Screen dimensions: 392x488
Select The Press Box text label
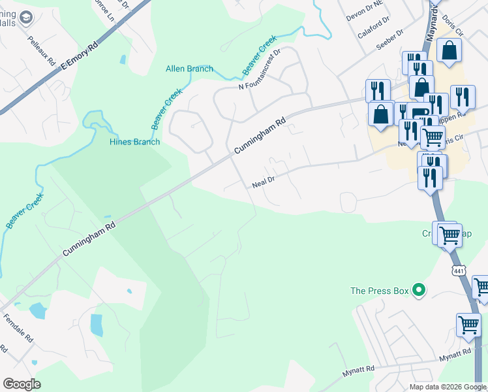click(382, 291)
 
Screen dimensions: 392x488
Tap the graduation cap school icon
click(25, 17)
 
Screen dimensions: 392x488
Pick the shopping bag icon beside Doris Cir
click(449, 51)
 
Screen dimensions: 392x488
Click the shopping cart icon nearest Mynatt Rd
click(468, 324)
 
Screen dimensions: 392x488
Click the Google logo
click(22, 384)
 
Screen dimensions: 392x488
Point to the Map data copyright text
click(447, 387)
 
